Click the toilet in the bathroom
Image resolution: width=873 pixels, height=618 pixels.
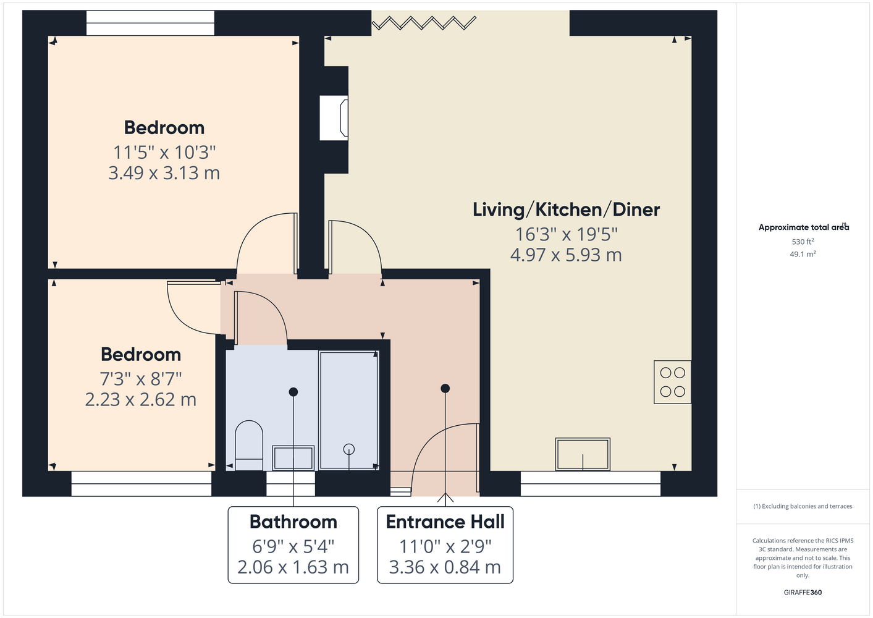coord(248,445)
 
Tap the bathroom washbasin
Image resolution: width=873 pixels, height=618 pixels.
coord(293,458)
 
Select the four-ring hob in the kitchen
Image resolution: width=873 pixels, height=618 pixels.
coord(672,382)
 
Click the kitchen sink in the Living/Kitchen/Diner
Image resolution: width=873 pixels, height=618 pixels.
coord(583,454)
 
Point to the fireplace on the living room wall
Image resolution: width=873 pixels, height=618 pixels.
coord(334,118)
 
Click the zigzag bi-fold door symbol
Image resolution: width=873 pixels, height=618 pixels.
coord(424,23)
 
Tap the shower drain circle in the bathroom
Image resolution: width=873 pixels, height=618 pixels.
coord(349,449)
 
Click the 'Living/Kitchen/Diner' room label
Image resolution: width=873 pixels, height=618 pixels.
coord(567,210)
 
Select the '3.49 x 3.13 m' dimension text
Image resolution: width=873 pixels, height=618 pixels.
coord(164,172)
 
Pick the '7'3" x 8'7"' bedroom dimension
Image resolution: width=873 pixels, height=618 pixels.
coord(141,379)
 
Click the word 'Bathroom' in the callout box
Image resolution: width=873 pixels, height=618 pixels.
coord(293,522)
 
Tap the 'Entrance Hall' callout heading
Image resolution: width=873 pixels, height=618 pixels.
coord(445,522)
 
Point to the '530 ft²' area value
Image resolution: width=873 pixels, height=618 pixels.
coord(803,242)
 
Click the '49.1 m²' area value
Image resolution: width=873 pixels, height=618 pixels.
coord(803,254)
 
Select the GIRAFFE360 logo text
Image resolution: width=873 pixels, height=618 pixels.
coord(803,592)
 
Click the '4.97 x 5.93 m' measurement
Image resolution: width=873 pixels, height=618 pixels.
coord(566,255)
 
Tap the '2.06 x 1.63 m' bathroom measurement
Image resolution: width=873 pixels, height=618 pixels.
coord(293,567)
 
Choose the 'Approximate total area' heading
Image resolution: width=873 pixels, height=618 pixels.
coord(804,227)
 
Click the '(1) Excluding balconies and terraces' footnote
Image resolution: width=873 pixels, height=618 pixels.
coord(803,506)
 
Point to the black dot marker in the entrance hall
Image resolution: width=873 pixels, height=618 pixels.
coord(445,388)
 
